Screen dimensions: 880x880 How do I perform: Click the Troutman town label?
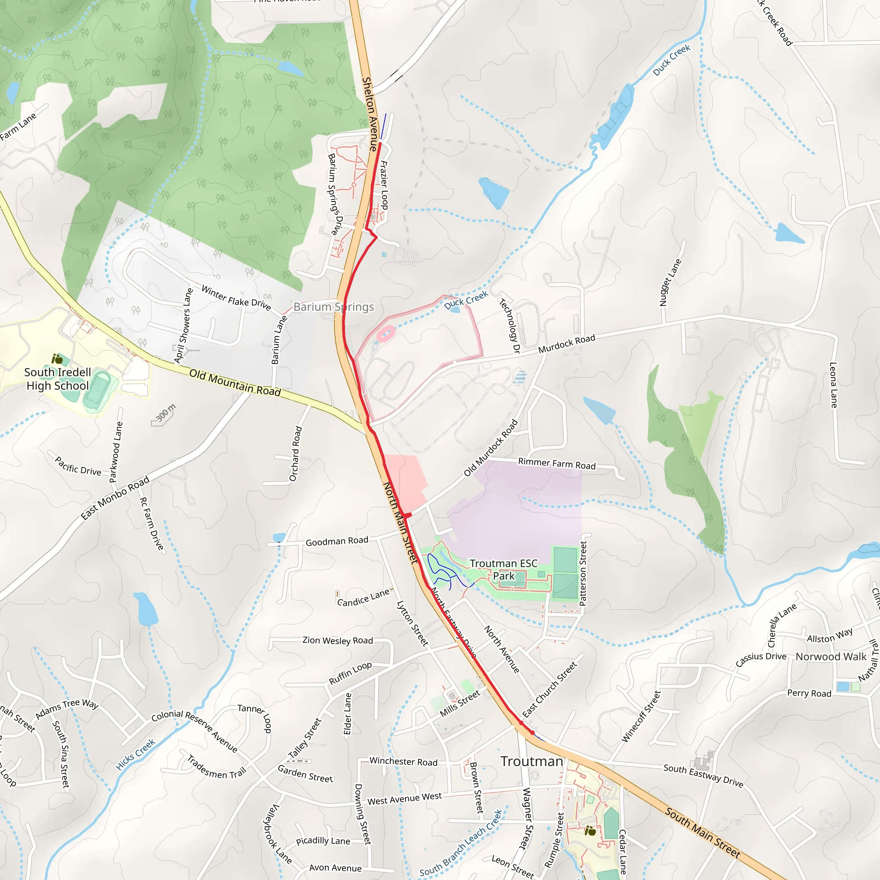[x=532, y=761]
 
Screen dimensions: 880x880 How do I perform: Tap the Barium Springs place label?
[x=333, y=307]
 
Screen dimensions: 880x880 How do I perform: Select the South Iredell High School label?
[x=58, y=379]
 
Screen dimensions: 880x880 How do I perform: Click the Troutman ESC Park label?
[x=503, y=570]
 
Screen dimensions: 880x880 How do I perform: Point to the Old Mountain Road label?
[x=235, y=382]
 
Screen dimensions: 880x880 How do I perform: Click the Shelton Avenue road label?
[x=370, y=114]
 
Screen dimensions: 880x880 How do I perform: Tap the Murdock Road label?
[x=567, y=343]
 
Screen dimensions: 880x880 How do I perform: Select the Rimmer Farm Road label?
[x=556, y=464]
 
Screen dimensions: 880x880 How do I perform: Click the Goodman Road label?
[x=336, y=541]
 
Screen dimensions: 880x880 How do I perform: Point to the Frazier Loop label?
[x=385, y=185]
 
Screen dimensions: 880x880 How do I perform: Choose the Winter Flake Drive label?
[x=236, y=298]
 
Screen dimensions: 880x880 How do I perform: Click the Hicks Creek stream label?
[x=135, y=754]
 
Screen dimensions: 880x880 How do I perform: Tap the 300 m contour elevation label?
[x=165, y=412]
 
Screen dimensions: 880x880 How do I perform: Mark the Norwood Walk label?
[x=831, y=657]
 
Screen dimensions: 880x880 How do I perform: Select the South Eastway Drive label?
[x=703, y=775]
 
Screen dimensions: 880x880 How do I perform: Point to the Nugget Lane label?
[x=670, y=282]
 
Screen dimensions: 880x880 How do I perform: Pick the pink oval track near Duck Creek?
[x=385, y=334]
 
